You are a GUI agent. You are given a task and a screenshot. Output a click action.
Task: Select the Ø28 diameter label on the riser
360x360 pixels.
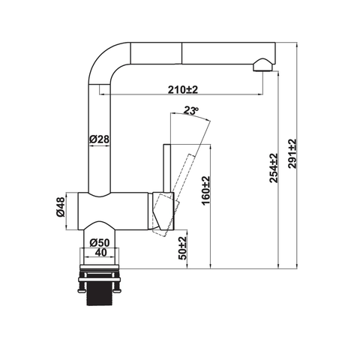pos(100,139)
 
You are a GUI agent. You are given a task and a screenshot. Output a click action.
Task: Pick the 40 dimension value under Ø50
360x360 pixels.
pos(100,253)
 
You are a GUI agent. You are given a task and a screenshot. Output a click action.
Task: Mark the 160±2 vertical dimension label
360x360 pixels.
pos(205,190)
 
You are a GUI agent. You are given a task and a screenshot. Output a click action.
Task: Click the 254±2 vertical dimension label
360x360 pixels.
pos(274,168)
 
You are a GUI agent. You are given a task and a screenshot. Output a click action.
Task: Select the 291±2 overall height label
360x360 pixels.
pos(292,154)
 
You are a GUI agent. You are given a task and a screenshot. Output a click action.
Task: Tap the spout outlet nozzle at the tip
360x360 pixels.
pos(261,66)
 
